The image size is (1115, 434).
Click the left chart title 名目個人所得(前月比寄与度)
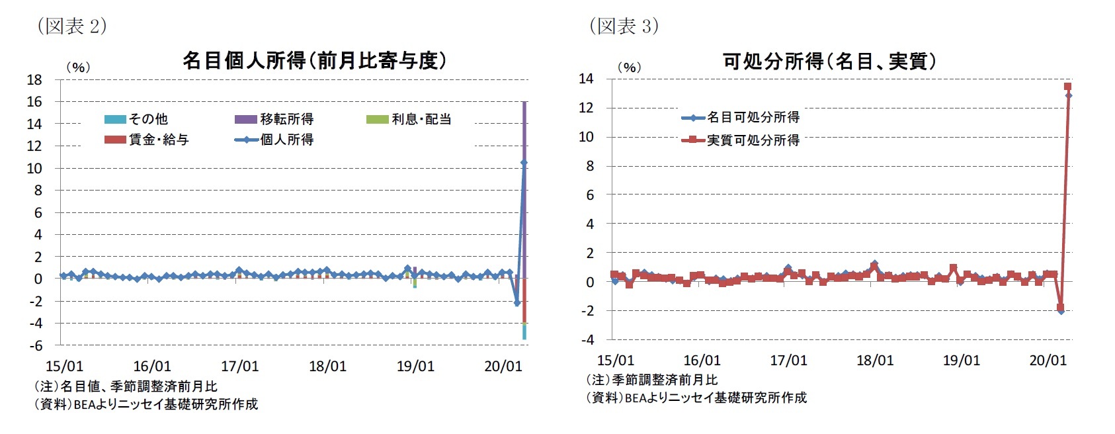pos(314,61)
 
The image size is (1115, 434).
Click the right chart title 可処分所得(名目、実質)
pos(829,62)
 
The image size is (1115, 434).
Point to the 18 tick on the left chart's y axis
pos(34,80)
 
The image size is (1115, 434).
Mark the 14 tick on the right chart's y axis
pos(586,79)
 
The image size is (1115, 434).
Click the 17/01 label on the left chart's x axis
pos(239,366)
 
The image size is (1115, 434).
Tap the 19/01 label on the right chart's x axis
pos(961,361)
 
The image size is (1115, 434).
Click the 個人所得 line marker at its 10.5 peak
pos(524,162)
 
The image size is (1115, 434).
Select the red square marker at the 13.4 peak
pos(1067,87)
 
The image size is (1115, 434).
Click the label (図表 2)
pos(71,26)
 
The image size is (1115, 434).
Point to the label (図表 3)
pos(623,26)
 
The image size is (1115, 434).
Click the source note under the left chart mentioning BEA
pos(145,404)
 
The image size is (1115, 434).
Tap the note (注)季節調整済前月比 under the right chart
pos(651,380)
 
